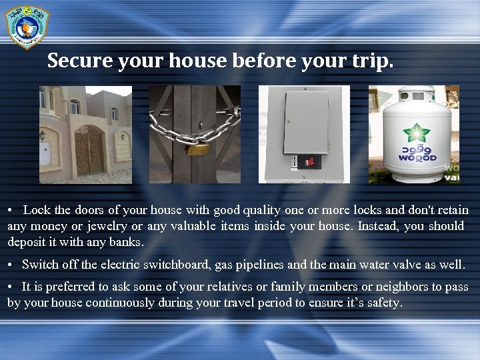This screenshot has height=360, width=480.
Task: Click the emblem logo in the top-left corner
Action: click(x=27, y=26)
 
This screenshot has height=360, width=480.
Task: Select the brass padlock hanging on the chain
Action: click(x=196, y=148)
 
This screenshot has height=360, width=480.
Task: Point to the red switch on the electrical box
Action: click(x=308, y=161)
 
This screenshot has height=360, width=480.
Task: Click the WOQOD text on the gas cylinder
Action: click(x=417, y=158)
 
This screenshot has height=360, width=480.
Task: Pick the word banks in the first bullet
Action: click(x=127, y=241)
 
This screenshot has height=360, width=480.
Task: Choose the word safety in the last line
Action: click(x=383, y=303)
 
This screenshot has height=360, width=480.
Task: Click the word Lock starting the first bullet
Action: click(x=37, y=210)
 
